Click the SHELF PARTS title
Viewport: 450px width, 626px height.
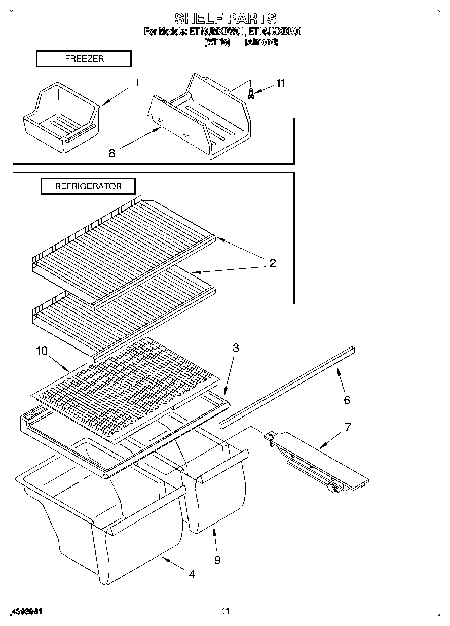pyautogui.click(x=226, y=19)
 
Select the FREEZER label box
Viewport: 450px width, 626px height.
pyautogui.click(x=84, y=59)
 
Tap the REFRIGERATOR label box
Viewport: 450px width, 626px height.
pyautogui.click(x=88, y=186)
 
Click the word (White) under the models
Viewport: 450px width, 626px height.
pyautogui.click(x=217, y=42)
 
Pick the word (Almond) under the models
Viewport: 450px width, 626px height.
pyautogui.click(x=261, y=42)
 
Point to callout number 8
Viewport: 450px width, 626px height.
pyautogui.click(x=112, y=153)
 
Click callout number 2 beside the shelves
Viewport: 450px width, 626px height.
pyautogui.click(x=272, y=263)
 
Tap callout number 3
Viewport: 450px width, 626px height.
pyautogui.click(x=236, y=348)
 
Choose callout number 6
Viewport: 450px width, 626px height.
pyautogui.click(x=347, y=400)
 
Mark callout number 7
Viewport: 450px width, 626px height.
pyautogui.click(x=348, y=427)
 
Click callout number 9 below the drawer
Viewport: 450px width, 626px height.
pyautogui.click(x=217, y=560)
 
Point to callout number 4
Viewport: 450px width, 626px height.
pyautogui.click(x=191, y=574)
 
